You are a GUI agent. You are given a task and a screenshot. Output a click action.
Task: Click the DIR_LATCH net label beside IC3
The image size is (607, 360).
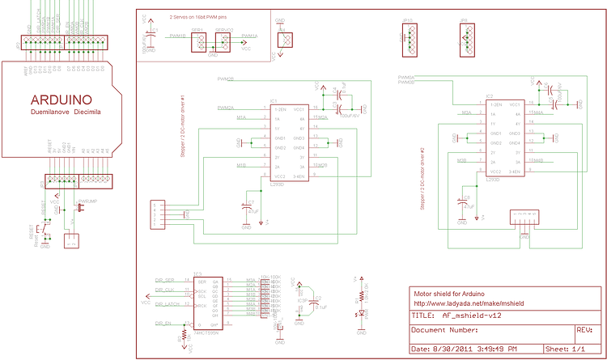(x=167, y=304)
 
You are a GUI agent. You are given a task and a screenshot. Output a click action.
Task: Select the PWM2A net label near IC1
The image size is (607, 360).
(x=225, y=108)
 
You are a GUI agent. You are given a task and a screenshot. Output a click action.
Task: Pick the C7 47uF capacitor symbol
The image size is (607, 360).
(x=248, y=208)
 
